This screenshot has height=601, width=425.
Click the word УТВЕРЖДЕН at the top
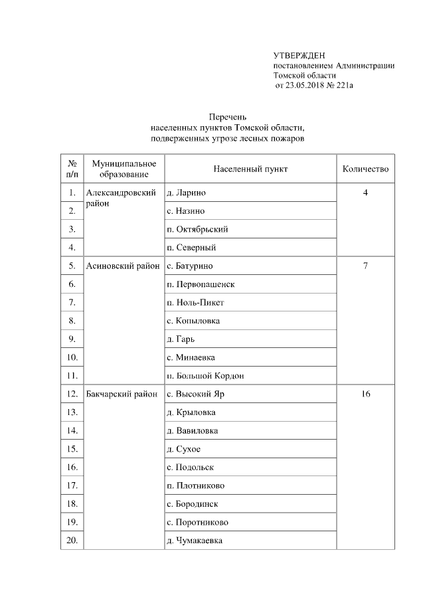pyautogui.click(x=299, y=55)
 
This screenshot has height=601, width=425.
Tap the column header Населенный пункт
pyautogui.click(x=250, y=169)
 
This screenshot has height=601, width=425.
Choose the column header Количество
pyautogui.click(x=365, y=169)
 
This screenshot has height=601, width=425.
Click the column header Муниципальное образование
pyautogui.click(x=124, y=169)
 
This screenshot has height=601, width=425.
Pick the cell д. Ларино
pyautogui.click(x=186, y=193)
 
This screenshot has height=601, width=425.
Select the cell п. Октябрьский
pyautogui.click(x=198, y=229)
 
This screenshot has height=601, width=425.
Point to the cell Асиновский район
pyautogui.click(x=123, y=266)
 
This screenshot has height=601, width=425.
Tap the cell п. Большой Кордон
pyautogui.click(x=205, y=375)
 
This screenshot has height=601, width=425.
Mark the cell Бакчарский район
pyautogui.click(x=122, y=394)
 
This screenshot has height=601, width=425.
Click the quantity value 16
pyautogui.click(x=365, y=394)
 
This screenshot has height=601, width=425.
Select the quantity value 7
pyautogui.click(x=365, y=266)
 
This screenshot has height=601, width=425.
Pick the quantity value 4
pyautogui.click(x=365, y=193)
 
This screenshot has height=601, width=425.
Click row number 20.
pyautogui.click(x=71, y=540)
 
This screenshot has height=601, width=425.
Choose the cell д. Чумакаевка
pyautogui.click(x=194, y=540)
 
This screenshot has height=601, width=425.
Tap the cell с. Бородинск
pyautogui.click(x=192, y=503)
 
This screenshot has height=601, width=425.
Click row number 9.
pyautogui.click(x=71, y=339)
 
